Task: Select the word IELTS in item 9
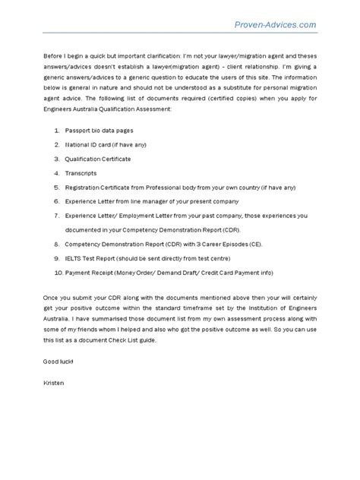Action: pos(74,258)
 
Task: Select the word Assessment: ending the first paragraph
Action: pos(155,109)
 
